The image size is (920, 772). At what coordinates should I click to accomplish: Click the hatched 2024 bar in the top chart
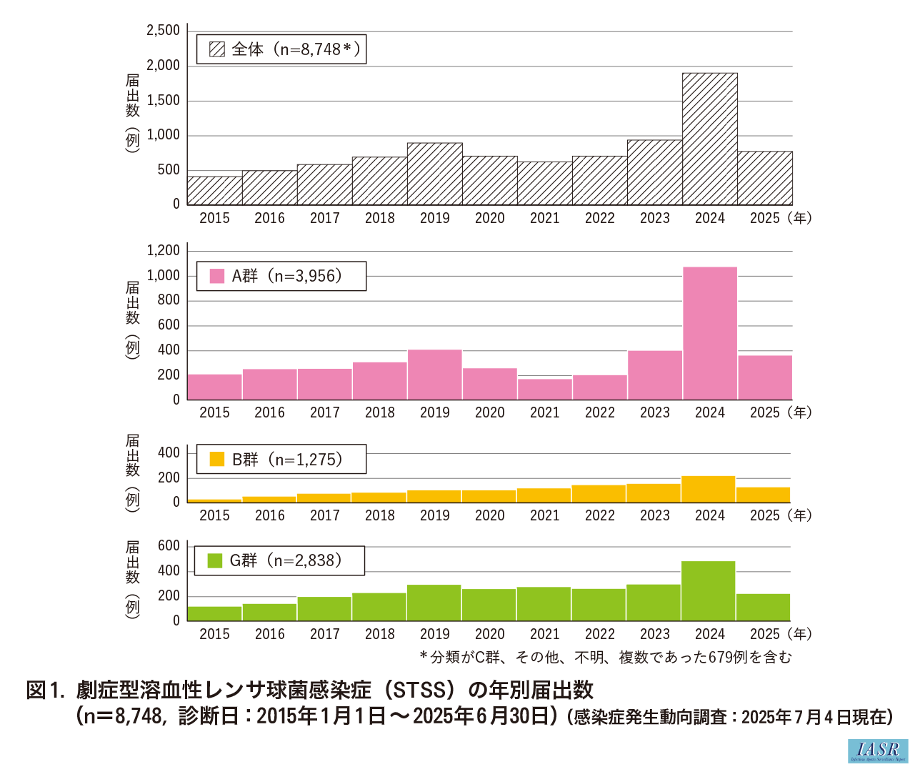click(709, 139)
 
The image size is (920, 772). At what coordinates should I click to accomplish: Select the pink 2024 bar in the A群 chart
click(709, 333)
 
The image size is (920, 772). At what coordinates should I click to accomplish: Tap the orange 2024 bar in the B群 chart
click(709, 489)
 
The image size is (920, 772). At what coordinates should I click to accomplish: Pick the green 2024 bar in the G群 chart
click(708, 590)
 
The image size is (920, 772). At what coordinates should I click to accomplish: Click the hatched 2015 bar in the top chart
click(215, 190)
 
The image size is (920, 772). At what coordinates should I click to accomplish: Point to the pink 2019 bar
click(434, 375)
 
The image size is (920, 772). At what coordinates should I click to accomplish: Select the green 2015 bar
click(214, 613)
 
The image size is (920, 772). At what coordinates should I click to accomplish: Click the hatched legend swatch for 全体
click(217, 49)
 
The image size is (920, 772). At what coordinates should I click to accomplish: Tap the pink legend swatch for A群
click(217, 276)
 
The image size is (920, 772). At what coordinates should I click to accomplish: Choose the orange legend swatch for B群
click(217, 459)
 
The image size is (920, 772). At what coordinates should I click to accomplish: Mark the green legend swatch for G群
click(215, 560)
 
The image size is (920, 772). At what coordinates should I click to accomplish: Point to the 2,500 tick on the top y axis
click(164, 31)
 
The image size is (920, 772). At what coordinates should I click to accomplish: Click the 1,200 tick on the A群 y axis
click(164, 250)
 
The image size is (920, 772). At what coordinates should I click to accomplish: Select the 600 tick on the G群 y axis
click(169, 545)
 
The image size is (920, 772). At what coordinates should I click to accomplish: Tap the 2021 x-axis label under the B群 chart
click(544, 515)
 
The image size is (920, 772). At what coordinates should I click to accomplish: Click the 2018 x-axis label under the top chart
click(379, 218)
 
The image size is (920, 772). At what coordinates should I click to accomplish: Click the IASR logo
click(878, 751)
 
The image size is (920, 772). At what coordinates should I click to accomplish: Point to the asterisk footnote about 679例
click(606, 657)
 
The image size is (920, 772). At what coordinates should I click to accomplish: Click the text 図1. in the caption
click(46, 691)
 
